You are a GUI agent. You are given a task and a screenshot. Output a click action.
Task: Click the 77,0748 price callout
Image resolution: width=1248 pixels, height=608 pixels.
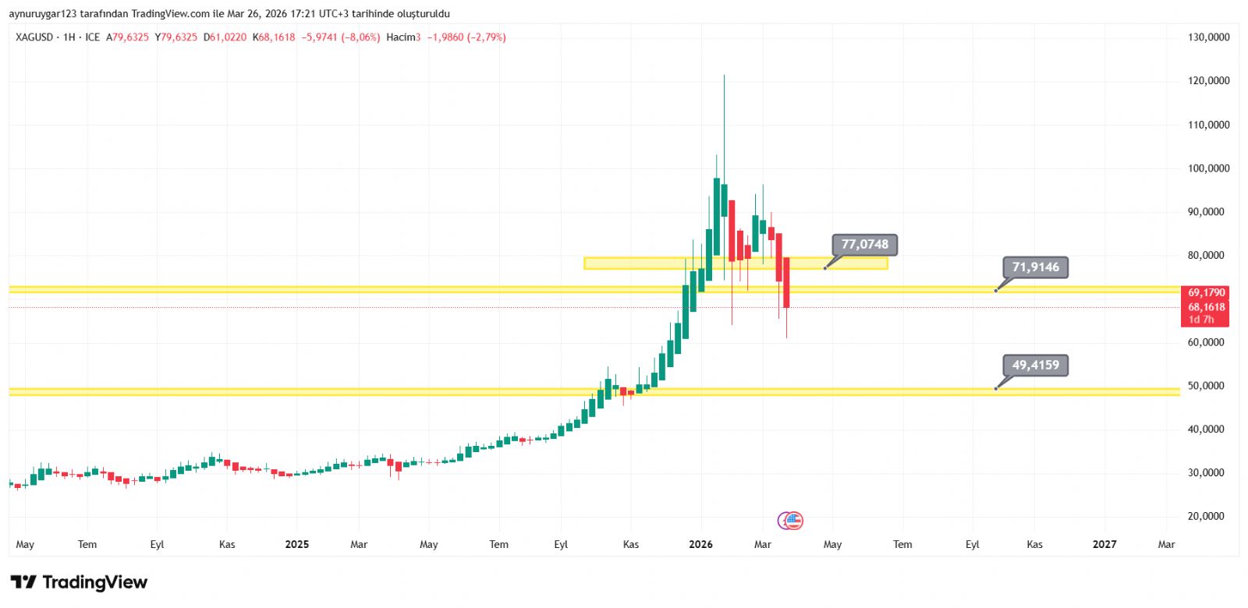(x=865, y=245)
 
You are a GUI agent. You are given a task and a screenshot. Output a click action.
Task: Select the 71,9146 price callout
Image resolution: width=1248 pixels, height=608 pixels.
(x=1035, y=267)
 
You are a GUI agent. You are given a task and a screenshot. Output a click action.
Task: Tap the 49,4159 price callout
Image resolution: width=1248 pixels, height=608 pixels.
(x=1035, y=365)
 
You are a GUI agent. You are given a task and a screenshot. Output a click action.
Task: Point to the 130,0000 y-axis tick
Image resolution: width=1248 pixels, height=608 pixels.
(x=1208, y=37)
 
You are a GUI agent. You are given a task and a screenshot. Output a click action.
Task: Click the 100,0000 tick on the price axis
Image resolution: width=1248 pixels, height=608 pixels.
(x=1208, y=168)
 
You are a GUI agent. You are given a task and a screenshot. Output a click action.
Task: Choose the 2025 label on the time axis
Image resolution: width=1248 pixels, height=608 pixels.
(x=297, y=544)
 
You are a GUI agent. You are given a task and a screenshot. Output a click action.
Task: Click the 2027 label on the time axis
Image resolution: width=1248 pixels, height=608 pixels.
(x=1104, y=544)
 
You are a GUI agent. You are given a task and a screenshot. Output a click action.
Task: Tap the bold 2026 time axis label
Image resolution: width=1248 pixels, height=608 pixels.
(x=700, y=544)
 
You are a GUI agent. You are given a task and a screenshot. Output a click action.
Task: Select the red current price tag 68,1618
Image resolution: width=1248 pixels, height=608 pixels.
(x=1206, y=307)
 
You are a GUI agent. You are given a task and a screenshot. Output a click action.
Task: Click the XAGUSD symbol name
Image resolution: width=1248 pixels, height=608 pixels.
(x=34, y=37)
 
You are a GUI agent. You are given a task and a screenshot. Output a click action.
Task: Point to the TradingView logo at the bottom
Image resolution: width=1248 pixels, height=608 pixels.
(x=79, y=582)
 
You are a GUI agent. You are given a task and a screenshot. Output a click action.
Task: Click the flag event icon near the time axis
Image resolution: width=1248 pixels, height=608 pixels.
(x=792, y=521)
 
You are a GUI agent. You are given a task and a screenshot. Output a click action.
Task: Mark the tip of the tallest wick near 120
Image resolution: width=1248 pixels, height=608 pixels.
(x=724, y=76)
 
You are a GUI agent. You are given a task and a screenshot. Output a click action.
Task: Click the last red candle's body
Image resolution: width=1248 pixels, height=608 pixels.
(x=786, y=282)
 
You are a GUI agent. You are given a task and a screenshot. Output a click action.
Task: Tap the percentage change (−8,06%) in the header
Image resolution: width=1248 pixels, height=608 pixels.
(x=360, y=37)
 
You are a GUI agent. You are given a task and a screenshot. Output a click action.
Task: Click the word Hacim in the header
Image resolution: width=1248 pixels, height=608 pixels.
(x=401, y=37)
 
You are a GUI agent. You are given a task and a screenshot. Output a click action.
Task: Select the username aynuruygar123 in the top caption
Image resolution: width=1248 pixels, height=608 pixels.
(x=42, y=14)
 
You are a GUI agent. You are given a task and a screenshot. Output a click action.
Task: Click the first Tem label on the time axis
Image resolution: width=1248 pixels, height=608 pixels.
(x=87, y=544)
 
